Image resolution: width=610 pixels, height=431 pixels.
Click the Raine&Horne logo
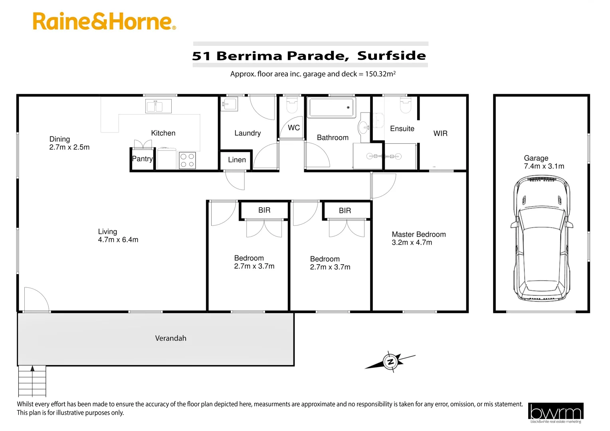pos(104,22)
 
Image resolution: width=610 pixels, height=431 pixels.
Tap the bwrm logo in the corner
pos(555,413)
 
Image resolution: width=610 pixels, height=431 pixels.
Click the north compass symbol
pos(390,362)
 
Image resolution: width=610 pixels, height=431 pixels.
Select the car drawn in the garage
pos(542,240)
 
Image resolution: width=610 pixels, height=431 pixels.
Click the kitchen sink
pos(158,106)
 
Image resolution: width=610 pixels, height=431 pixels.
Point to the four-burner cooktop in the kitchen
pos(187,160)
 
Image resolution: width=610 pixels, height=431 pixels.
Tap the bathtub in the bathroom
pos(331,107)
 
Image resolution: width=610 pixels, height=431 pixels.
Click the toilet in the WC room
pos(292,106)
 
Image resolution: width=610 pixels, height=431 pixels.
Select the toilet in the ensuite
pos(406,106)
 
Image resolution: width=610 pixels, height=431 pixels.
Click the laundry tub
pos(229,105)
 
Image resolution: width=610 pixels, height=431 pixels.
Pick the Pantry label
pos(142,159)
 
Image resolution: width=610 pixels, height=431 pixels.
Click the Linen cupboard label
pos(237,160)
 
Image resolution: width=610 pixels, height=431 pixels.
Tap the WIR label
pos(440,134)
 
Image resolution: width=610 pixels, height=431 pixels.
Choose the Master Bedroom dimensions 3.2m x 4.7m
pos(412,243)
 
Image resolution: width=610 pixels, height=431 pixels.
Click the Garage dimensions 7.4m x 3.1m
pos(544,166)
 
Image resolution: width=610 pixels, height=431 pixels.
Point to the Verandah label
pos(170,338)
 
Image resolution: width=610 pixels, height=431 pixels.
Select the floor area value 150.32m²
pos(380,74)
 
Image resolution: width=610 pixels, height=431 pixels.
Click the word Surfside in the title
pos(391,56)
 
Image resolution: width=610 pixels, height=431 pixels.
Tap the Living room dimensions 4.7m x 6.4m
pos(118,240)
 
